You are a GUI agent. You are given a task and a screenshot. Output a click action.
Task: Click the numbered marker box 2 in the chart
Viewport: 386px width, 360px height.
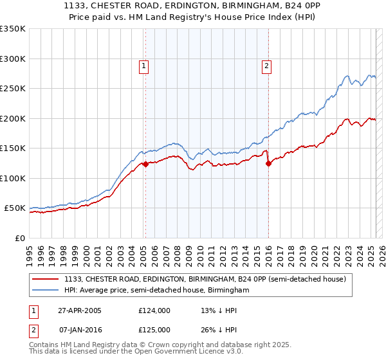click(266, 65)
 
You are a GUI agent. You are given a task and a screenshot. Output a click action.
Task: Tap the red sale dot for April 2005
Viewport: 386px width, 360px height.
click(145, 164)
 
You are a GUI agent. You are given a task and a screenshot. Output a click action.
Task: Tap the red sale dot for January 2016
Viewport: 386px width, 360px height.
click(268, 163)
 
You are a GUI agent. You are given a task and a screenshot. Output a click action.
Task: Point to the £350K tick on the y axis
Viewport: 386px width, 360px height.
click(13, 29)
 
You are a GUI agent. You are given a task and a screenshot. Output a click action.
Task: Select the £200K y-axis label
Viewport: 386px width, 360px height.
click(13, 118)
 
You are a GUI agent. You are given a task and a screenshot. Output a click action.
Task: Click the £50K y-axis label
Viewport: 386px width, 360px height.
click(15, 208)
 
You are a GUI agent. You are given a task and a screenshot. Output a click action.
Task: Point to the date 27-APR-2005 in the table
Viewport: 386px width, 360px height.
click(80, 310)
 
